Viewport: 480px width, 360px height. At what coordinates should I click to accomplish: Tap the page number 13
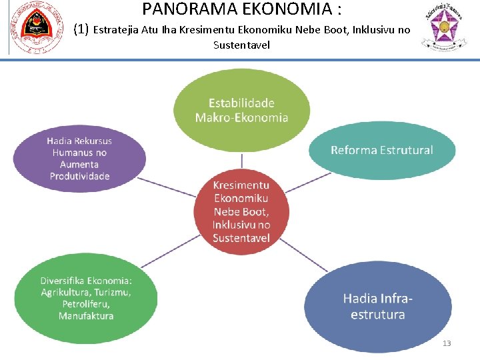coord(447,343)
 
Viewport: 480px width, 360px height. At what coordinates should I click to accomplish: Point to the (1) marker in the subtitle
coord(81,29)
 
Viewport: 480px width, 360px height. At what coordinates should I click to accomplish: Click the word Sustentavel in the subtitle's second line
coord(241,45)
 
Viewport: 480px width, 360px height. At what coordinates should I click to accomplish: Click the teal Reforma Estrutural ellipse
coord(381,151)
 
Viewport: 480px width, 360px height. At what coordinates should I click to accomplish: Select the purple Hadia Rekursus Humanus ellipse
coord(80,159)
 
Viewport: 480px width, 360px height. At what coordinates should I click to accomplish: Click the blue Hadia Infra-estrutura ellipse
coord(378,306)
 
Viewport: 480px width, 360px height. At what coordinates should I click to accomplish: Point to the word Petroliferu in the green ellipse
coord(86,304)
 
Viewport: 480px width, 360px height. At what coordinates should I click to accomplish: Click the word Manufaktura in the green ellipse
coord(86,316)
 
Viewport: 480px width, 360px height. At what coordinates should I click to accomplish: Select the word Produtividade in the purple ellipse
coord(80,176)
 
